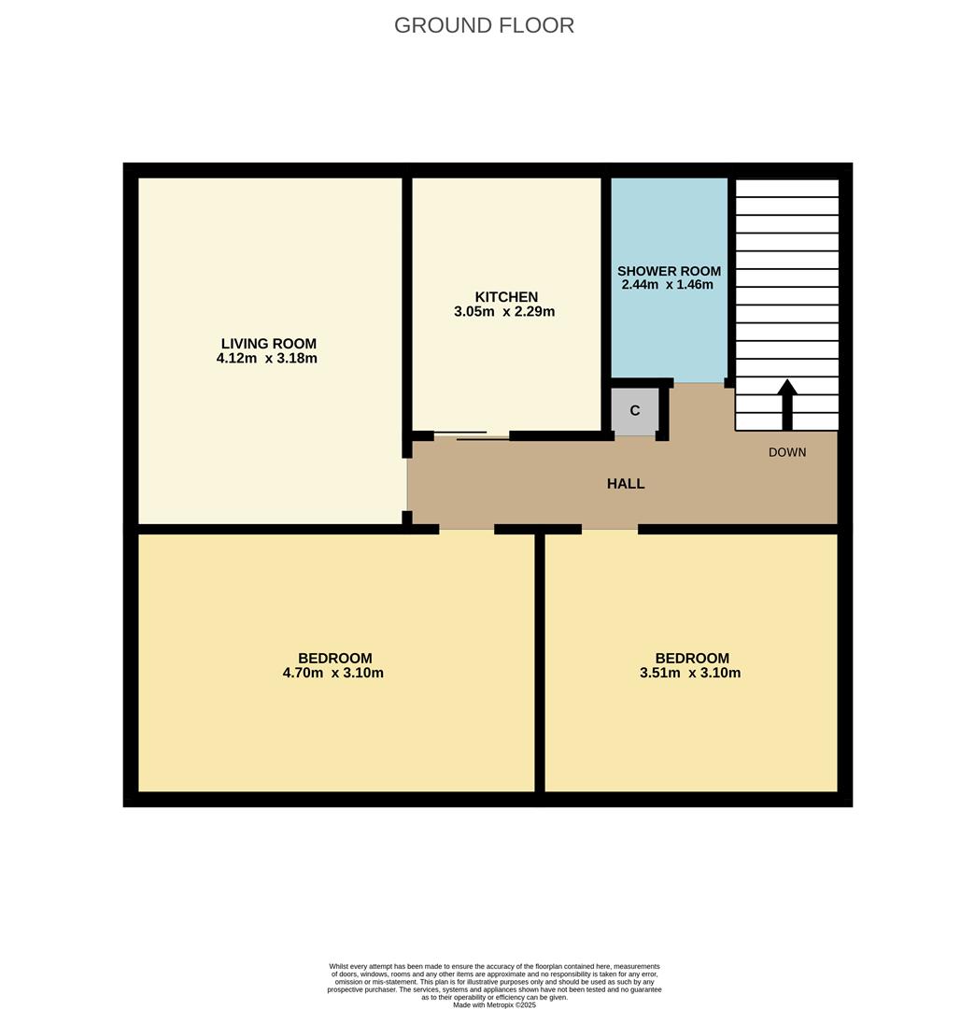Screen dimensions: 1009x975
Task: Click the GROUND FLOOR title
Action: [x=484, y=25]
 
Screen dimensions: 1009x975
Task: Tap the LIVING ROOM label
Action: [x=268, y=343]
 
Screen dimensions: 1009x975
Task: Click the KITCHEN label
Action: [x=506, y=297]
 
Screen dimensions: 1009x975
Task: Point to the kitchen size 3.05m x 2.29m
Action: [x=504, y=312]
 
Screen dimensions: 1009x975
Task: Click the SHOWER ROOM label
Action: [x=669, y=271]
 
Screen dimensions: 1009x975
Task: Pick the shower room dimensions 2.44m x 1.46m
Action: [x=667, y=285]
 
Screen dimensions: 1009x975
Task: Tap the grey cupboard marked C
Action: [x=635, y=411]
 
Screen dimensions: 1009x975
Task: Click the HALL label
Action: [x=626, y=484]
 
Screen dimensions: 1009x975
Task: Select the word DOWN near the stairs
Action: [x=787, y=452]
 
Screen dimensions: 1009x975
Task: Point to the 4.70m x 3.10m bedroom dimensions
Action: [x=332, y=673]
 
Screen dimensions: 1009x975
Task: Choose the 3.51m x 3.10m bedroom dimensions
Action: [x=690, y=673]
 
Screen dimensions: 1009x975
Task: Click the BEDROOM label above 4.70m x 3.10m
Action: [x=335, y=658]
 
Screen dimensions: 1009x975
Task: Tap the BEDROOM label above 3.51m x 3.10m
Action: [x=692, y=658]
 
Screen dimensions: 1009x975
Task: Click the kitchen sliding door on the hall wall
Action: [x=472, y=435]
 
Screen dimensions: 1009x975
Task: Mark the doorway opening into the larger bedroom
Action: [x=466, y=530]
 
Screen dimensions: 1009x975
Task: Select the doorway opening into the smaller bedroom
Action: [x=609, y=530]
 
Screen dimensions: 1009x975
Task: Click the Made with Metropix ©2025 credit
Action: [x=495, y=1004]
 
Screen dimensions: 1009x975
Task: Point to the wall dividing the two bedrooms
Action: [x=540, y=663]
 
